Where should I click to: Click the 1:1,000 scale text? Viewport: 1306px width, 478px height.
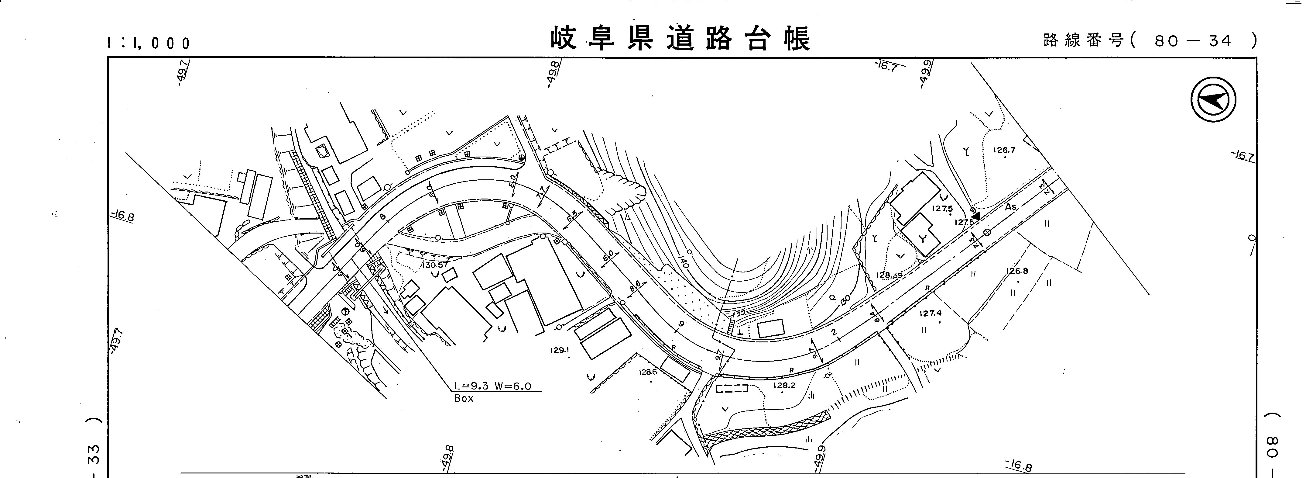[149, 43]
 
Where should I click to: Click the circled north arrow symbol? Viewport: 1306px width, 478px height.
[1213, 100]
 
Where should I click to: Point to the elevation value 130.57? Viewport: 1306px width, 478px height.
[434, 265]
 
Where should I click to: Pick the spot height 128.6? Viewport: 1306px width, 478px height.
[648, 372]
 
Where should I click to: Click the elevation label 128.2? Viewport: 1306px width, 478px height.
[784, 386]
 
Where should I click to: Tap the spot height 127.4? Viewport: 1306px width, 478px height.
[931, 313]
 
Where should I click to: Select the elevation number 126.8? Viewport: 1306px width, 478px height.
[1017, 271]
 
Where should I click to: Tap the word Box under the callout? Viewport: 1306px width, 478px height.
[463, 399]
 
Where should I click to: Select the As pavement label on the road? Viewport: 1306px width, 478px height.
[1011, 207]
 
